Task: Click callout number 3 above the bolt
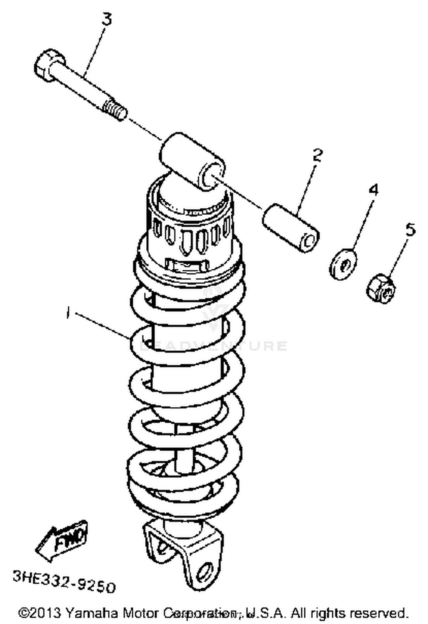pyautogui.click(x=107, y=19)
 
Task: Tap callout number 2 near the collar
pyautogui.click(x=317, y=155)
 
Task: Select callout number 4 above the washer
pyautogui.click(x=373, y=190)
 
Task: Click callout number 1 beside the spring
pyautogui.click(x=68, y=312)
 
